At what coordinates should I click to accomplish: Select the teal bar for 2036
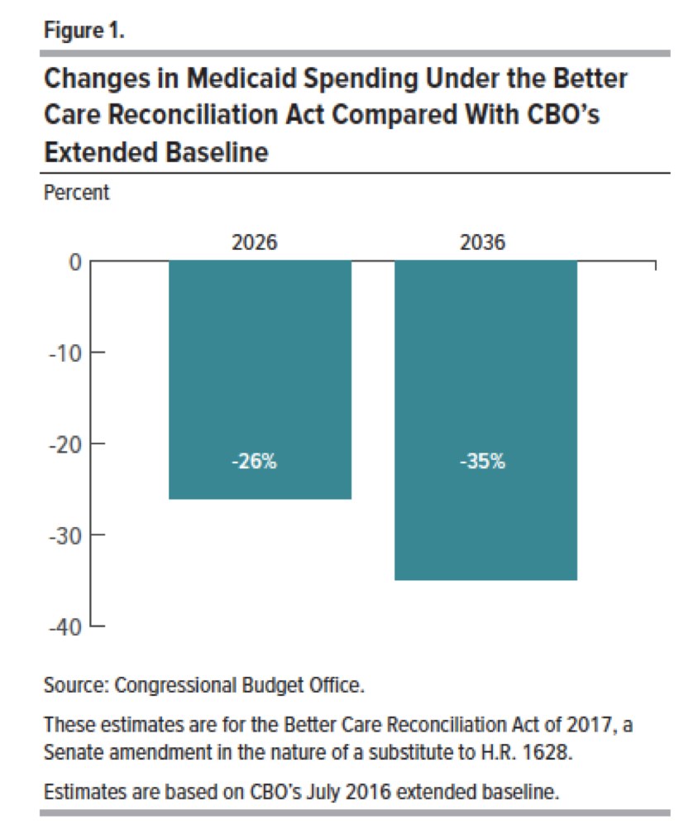485,420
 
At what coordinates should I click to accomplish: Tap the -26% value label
254,462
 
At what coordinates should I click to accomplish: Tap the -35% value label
481,462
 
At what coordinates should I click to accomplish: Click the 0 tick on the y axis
74,263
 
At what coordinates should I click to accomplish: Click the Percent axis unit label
75,193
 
